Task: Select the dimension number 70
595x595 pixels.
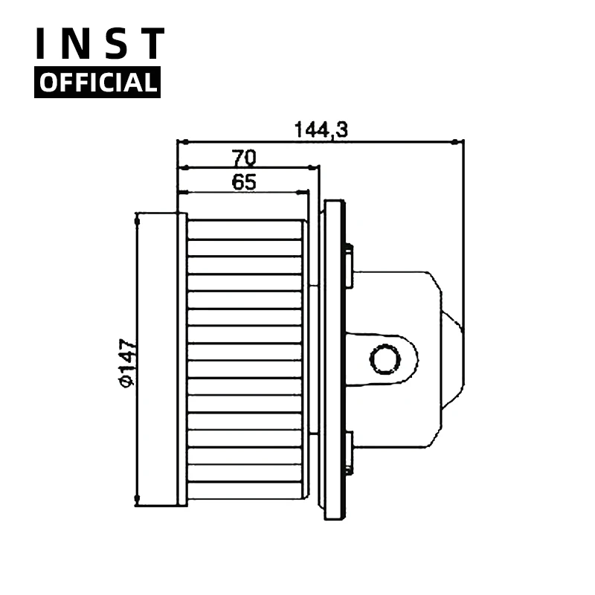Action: [244, 157]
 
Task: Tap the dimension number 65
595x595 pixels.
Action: [244, 181]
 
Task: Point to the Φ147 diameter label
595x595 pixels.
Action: [126, 362]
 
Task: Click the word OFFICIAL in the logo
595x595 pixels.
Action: [97, 83]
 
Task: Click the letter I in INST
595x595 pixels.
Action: [43, 44]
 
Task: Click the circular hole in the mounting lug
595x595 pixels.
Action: [385, 360]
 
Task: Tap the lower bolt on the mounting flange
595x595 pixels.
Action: [348, 453]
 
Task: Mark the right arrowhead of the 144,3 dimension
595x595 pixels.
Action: [457, 140]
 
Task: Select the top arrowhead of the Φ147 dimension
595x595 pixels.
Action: [138, 219]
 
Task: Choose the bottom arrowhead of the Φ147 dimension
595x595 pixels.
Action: [138, 501]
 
